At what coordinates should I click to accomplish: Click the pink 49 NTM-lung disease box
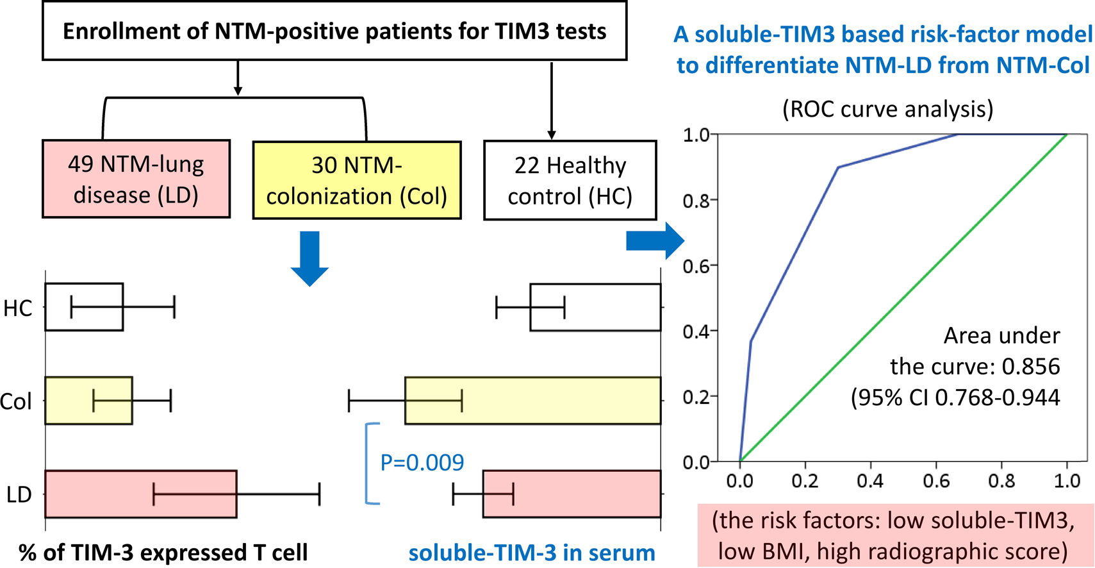click(x=136, y=179)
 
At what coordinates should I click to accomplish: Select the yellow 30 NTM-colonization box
click(x=357, y=180)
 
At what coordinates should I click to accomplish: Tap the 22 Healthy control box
click(x=570, y=180)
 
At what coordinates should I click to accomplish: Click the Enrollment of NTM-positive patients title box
click(x=334, y=31)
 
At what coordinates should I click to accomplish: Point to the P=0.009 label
click(x=422, y=462)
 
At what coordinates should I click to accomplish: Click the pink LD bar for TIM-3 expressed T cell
click(x=140, y=494)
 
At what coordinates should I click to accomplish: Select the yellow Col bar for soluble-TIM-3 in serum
click(x=532, y=401)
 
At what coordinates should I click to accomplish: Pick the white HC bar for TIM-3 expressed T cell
click(x=84, y=307)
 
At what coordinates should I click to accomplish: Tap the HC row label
click(x=17, y=308)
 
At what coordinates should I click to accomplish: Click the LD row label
click(x=19, y=495)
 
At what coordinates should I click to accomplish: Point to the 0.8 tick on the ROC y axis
click(x=696, y=201)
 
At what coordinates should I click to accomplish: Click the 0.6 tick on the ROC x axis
click(x=936, y=481)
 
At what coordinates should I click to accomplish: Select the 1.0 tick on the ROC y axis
click(x=696, y=135)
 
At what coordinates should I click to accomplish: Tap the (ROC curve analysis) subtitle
click(x=887, y=109)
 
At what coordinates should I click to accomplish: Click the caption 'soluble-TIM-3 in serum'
click(x=531, y=553)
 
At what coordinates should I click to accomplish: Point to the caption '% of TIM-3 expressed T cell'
click(x=163, y=553)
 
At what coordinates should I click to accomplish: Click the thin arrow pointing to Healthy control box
click(x=551, y=100)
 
